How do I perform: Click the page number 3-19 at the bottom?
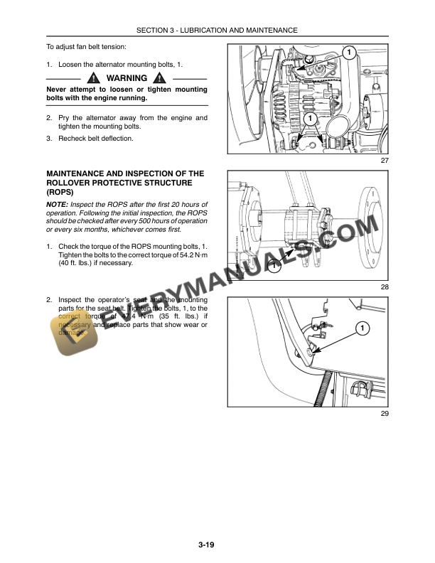tap(207, 545)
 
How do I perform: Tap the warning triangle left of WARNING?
tap(93, 78)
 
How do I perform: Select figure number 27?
tap(385, 161)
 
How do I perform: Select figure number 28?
tap(385, 286)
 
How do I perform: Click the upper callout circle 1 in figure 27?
tap(348, 53)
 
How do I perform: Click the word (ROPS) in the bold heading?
tap(62, 193)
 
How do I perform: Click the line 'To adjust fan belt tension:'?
tap(86, 47)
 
